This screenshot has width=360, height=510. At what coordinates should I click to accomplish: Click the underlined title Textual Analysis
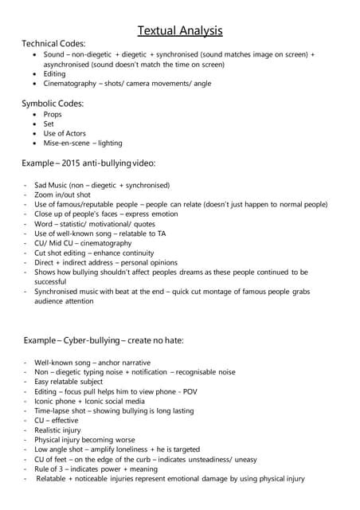click(180, 31)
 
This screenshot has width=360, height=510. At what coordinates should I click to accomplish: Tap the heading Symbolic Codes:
click(53, 103)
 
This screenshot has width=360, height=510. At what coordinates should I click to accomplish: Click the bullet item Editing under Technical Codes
click(56, 73)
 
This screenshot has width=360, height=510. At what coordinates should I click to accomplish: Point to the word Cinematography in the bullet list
click(72, 83)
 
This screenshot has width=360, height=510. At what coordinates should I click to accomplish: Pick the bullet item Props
click(53, 114)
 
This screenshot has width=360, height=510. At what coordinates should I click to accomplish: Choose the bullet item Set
click(49, 124)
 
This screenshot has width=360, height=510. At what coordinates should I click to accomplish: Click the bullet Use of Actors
click(65, 133)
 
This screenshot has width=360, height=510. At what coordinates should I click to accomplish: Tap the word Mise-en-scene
click(68, 143)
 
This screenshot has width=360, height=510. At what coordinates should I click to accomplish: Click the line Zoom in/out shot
click(62, 194)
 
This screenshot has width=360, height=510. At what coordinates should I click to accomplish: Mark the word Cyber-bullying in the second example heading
click(95, 340)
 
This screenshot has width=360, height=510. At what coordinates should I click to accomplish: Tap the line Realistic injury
click(58, 430)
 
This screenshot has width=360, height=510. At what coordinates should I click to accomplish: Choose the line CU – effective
click(57, 420)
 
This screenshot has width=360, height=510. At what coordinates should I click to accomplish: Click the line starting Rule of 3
click(52, 469)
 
